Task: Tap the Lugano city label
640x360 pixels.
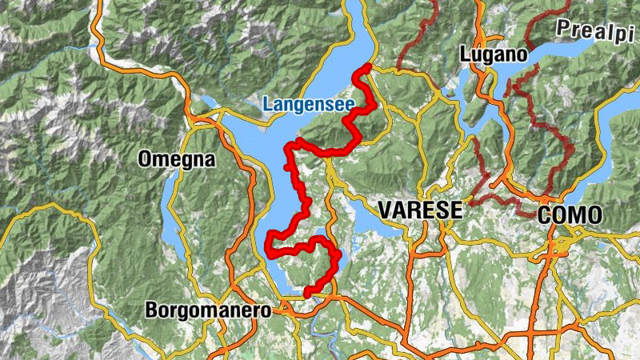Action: tap(494, 54)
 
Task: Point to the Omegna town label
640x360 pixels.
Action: tap(176, 159)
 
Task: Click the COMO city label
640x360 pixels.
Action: tap(569, 214)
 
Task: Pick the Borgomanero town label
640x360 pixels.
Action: tap(208, 310)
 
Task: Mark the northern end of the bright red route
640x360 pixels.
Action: tap(367, 66)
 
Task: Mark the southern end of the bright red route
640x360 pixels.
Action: tap(306, 294)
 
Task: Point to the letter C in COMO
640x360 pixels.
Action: tap(543, 214)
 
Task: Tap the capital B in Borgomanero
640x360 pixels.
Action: tap(151, 310)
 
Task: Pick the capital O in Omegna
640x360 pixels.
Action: tap(144, 159)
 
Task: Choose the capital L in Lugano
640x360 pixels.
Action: tap(465, 54)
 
